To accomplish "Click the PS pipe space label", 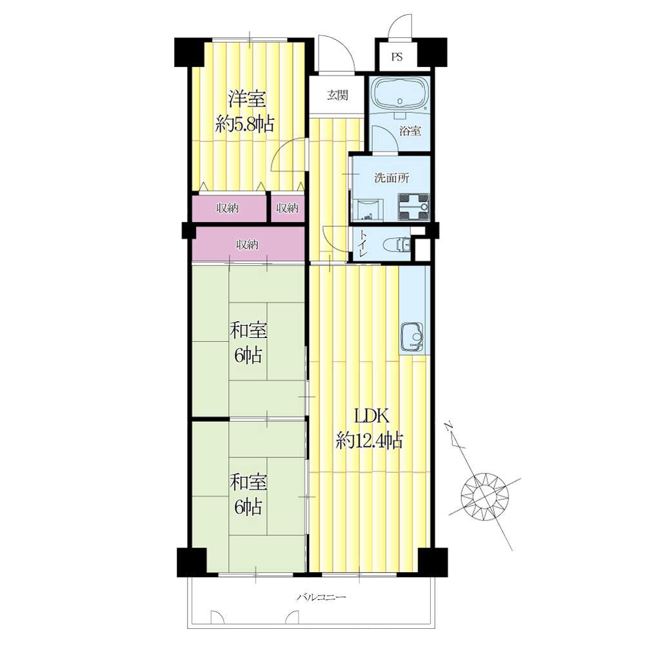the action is click(397, 57).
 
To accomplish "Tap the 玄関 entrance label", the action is click(338, 95).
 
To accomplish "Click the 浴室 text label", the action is click(410, 131).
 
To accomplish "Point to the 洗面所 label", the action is click(392, 178).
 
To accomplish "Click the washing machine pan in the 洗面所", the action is click(413, 207).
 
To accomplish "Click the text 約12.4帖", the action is click(369, 441).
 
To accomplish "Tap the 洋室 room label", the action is click(247, 99).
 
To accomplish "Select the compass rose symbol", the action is click(484, 495).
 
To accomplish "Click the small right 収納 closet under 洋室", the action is click(287, 208).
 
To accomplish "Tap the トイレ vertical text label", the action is click(362, 244).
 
